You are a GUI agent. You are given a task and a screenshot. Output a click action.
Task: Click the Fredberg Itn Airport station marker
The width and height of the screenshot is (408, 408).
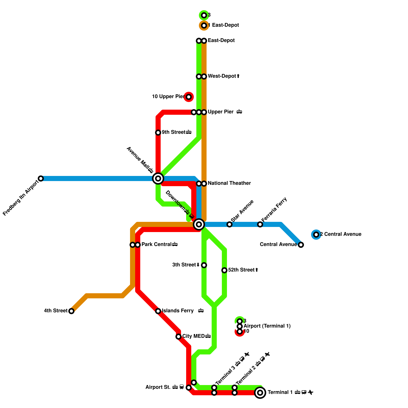tap(41, 178)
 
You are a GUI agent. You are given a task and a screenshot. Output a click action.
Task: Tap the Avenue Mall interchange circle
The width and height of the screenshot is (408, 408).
tap(158, 178)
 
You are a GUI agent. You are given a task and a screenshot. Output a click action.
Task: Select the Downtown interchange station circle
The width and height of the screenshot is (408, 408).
tap(199, 224)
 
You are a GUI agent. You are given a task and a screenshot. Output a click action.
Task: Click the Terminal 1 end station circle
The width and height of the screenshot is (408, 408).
tap(260, 393)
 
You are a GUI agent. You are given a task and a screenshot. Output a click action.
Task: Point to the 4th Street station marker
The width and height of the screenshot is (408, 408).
tap(71, 311)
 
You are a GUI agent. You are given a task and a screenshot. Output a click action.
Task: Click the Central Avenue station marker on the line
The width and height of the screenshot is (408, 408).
tap(301, 245)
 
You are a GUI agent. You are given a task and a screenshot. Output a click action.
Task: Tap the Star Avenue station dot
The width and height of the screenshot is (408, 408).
tap(229, 224)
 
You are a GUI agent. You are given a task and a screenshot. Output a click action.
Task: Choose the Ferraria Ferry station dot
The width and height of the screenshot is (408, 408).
tap(260, 224)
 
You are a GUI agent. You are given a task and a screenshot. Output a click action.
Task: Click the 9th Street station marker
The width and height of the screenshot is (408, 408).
tap(158, 133)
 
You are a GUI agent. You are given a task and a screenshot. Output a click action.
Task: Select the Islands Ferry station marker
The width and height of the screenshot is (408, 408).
tap(158, 311)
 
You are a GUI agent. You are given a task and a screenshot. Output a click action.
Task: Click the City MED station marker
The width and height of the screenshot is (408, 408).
tap(178, 337)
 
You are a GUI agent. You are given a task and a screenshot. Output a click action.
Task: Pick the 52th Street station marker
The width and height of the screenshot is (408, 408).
tap(224, 270)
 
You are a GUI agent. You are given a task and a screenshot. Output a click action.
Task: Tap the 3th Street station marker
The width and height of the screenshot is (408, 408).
tap(204, 265)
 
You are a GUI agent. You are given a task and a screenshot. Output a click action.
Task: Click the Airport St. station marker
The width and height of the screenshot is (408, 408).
tap(189, 388)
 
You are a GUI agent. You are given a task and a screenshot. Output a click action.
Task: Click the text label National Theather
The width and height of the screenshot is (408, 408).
tap(229, 183)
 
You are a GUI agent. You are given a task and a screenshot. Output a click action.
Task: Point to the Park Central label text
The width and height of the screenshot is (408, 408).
tap(156, 245)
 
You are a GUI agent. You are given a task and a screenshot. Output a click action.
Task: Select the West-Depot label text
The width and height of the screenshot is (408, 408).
tap(222, 76)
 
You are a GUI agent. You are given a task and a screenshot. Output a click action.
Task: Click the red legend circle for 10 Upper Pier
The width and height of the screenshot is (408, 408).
tap(189, 97)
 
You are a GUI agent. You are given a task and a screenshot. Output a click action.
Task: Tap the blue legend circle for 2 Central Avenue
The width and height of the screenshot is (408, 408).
tap(316, 235)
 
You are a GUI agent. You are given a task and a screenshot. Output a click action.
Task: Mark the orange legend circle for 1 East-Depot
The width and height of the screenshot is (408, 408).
tap(204, 25)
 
